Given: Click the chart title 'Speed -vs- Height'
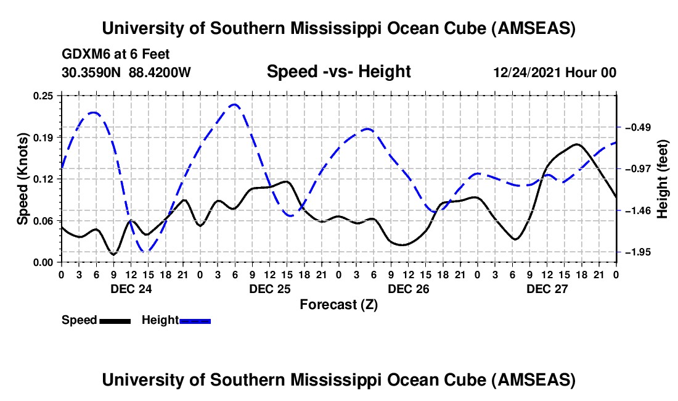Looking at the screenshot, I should pyautogui.click(x=338, y=72).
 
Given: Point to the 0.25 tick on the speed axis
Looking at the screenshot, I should pyautogui.click(x=44, y=95).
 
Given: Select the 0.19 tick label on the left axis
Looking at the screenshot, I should pyautogui.click(x=44, y=137).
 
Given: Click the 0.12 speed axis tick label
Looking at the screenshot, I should pyautogui.click(x=44, y=179).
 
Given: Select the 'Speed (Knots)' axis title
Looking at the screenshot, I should pyautogui.click(x=23, y=178).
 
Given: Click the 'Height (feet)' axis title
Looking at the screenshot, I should pyautogui.click(x=663, y=178).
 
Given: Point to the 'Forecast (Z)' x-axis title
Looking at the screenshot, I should pyautogui.click(x=338, y=304).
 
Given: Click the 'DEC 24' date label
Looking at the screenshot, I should pyautogui.click(x=131, y=289).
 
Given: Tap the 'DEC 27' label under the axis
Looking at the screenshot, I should pyautogui.click(x=547, y=289).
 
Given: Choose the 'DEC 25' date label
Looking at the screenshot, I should pyautogui.click(x=269, y=289).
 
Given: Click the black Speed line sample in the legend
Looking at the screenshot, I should pyautogui.click(x=115, y=320).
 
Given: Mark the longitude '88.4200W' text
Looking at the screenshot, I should pyautogui.click(x=160, y=73).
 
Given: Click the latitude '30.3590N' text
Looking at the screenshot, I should pyautogui.click(x=91, y=73).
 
